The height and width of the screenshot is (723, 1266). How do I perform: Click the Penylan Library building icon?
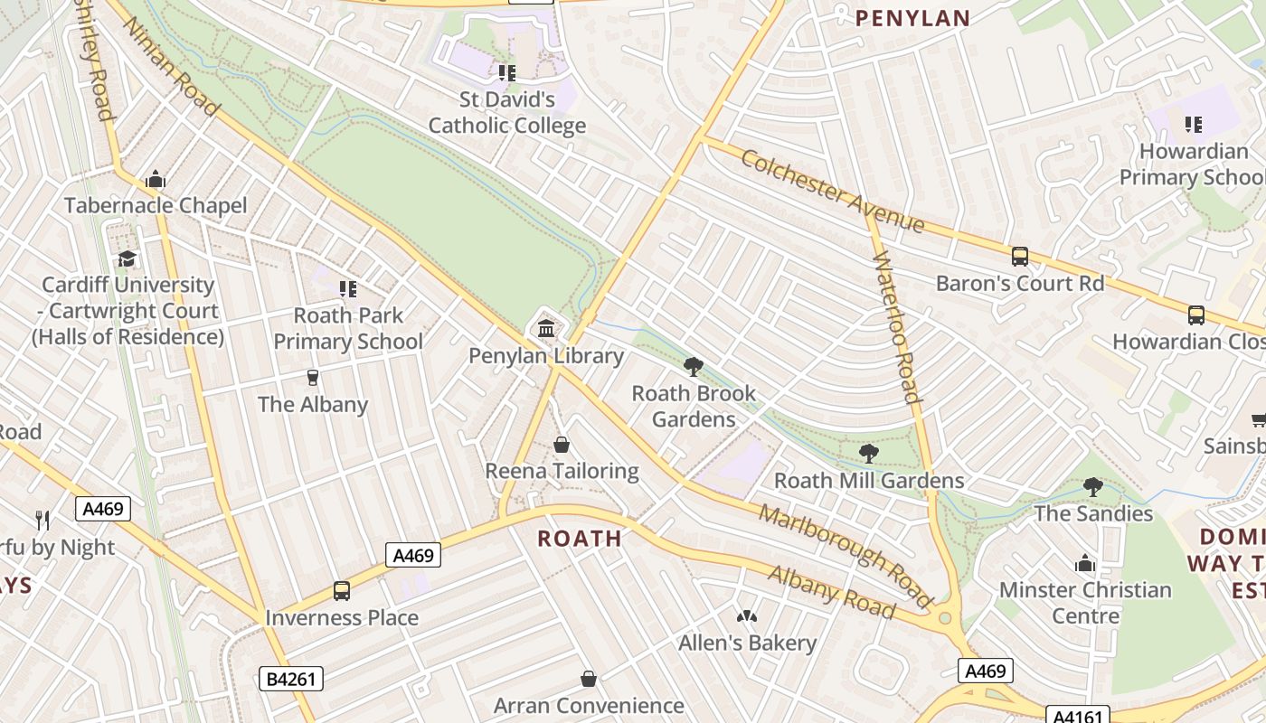click(546, 328)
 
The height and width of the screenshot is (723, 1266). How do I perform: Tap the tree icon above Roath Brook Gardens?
click(694, 366)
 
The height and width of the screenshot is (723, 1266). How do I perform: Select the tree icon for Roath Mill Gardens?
click(869, 453)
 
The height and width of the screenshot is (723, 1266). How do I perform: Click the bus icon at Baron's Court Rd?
click(1020, 257)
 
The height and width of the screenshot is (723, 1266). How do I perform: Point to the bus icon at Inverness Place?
click(342, 591)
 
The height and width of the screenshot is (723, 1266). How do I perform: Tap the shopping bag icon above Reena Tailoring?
click(562, 445)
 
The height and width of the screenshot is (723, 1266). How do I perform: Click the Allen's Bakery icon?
click(747, 616)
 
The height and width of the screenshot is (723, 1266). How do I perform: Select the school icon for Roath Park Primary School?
click(348, 289)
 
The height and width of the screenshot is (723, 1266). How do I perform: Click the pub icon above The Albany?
click(313, 377)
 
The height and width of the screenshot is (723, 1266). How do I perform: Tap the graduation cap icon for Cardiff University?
click(128, 258)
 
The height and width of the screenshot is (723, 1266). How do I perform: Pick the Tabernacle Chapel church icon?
click(156, 179)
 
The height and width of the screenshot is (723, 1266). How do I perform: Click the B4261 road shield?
click(290, 678)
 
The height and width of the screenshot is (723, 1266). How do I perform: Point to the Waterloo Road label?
click(897, 327)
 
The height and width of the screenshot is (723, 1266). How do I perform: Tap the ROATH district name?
click(580, 539)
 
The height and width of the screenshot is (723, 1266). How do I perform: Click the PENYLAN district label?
click(912, 18)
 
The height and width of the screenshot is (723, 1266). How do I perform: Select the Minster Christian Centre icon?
click(1085, 564)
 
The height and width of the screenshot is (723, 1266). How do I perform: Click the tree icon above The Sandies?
click(1093, 487)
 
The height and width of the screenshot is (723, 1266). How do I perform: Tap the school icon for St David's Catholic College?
click(507, 72)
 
